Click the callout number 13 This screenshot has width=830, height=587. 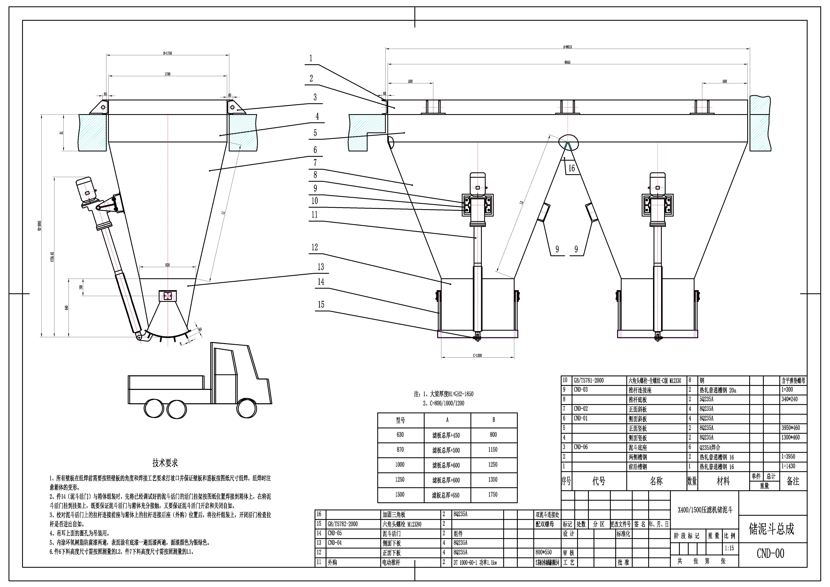(321, 267)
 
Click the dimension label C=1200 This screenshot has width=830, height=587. (477, 356)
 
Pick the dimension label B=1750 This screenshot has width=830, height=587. (167, 53)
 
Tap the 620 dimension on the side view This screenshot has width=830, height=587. (167, 265)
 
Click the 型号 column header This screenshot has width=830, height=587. (401, 420)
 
